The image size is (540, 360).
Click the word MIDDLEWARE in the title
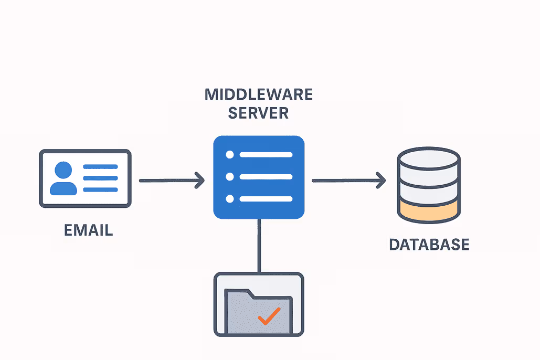point(258,94)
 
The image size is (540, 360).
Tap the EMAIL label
point(88,230)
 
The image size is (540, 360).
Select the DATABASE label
point(429,245)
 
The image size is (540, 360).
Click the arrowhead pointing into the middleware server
point(199,181)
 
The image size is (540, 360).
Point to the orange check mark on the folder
point(269,315)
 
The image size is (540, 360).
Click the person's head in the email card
point(63,170)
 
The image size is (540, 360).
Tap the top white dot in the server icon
point(229,155)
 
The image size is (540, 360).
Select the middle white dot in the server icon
point(229,177)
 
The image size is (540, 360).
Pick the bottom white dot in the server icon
point(229,199)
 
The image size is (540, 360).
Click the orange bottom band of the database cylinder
point(429,212)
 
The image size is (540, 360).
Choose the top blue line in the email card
point(101,167)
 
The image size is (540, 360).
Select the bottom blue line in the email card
point(101,189)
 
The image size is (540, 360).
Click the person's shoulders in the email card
point(63,188)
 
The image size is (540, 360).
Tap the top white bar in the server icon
point(266,155)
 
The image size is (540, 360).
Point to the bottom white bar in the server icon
point(266,199)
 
